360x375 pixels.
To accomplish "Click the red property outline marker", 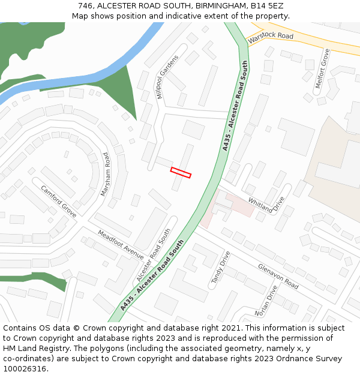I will click(x=181, y=172).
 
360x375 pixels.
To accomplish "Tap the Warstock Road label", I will click(x=270, y=36).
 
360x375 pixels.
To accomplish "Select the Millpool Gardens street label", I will click(x=167, y=77).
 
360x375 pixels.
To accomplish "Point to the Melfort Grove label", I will click(x=322, y=68).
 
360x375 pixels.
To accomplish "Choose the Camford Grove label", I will click(x=59, y=201).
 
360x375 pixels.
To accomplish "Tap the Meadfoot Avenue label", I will click(x=120, y=244).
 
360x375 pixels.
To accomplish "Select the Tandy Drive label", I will click(x=220, y=267).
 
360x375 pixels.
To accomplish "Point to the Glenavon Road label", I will click(x=278, y=275).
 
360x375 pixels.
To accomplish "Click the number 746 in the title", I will click(x=86, y=6).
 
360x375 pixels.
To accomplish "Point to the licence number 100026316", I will click(x=26, y=368).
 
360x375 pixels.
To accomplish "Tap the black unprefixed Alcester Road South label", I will click(x=154, y=254).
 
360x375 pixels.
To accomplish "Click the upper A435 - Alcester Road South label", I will click(x=235, y=106).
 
